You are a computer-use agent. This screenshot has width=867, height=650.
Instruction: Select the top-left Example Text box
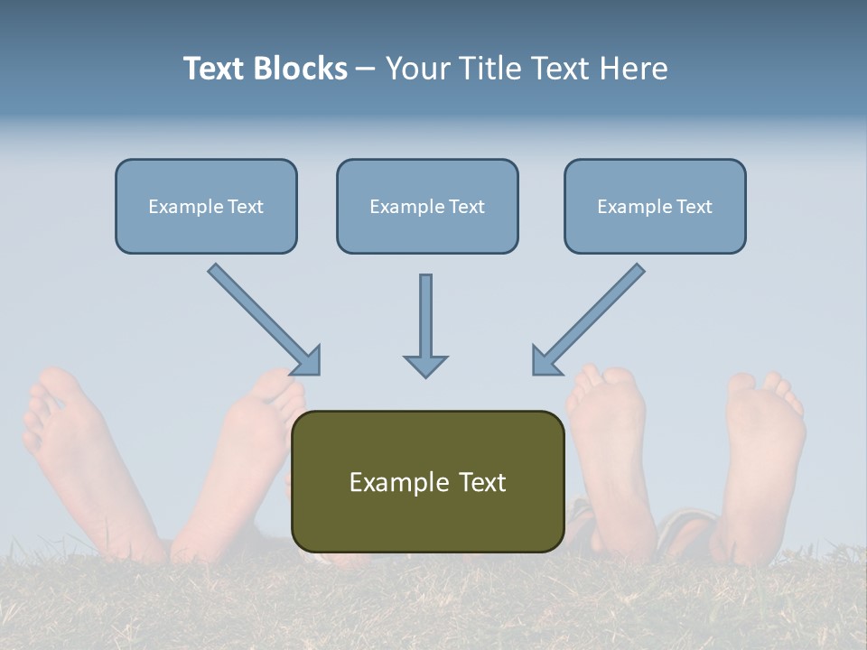pyautogui.click(x=206, y=206)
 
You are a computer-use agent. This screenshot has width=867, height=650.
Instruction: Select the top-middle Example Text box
pyautogui.click(x=427, y=206)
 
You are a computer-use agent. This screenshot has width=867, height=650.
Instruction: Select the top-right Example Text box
pyautogui.click(x=655, y=206)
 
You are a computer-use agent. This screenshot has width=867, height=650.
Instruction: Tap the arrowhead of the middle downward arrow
pyautogui.click(x=425, y=366)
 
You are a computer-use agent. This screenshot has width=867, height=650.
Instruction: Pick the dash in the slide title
pyautogui.click(x=366, y=69)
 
